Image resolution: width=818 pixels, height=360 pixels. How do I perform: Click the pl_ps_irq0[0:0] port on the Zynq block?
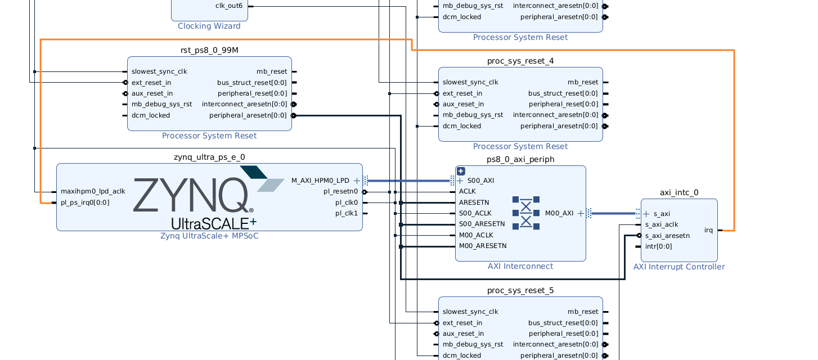[85, 202]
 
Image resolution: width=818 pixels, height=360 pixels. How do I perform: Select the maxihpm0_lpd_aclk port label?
[93, 191]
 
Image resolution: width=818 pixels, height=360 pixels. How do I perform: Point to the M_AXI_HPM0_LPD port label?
[320, 181]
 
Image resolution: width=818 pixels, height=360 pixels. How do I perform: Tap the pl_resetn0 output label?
[340, 191]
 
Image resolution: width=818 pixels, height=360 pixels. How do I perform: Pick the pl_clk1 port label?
[347, 213]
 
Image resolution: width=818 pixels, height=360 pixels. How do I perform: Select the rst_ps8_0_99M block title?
[209, 50]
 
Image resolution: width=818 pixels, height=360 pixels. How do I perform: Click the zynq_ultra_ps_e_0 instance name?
[209, 157]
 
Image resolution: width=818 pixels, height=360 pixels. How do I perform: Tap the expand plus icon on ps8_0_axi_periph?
[461, 172]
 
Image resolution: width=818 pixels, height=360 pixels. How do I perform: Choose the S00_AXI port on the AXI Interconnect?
[479, 181]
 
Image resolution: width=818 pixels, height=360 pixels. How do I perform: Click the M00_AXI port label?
[559, 213]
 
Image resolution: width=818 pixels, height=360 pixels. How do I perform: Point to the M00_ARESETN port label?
[483, 246]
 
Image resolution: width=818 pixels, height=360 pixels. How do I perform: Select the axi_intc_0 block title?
[679, 192]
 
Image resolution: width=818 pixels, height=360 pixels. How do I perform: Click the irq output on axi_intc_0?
[708, 230]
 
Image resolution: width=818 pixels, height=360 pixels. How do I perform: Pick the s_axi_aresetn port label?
[667, 236]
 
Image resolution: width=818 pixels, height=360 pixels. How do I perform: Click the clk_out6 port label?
[229, 6]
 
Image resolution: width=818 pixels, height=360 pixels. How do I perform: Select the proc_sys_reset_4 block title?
[520, 61]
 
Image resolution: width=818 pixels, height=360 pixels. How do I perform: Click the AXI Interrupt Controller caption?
[679, 267]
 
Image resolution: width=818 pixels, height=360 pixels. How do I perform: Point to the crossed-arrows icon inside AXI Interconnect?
[526, 213]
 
